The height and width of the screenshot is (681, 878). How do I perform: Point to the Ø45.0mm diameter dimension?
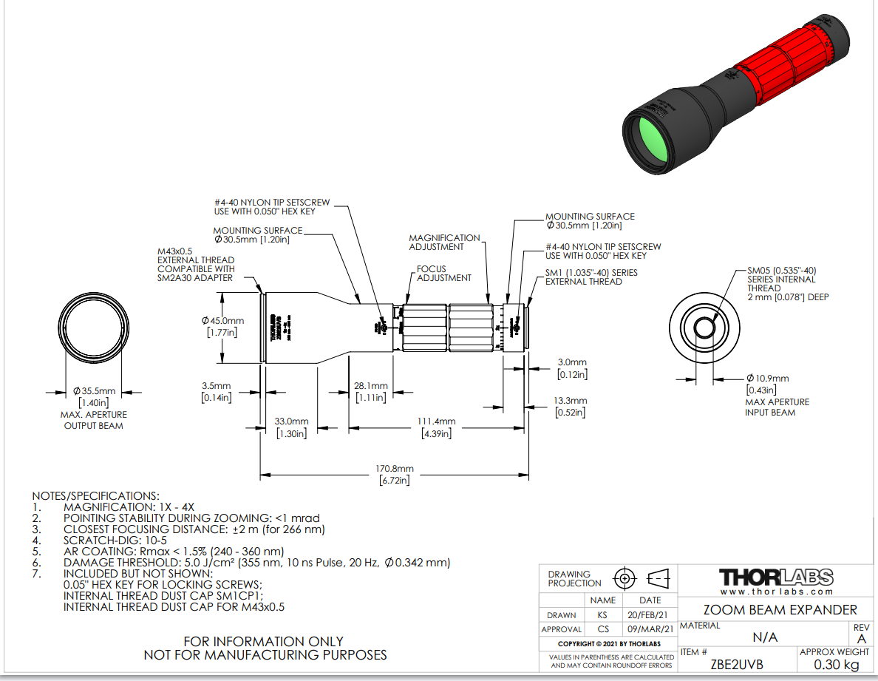[x=222, y=321]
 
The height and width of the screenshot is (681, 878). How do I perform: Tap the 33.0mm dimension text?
[x=290, y=421]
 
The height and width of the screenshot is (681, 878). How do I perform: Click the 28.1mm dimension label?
[x=370, y=386]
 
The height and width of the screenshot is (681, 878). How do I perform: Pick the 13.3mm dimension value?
[x=571, y=401]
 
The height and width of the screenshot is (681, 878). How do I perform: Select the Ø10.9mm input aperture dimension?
[x=768, y=379]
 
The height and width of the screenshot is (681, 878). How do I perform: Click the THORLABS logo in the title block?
[x=776, y=577]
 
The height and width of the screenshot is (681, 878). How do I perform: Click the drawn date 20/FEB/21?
[x=650, y=614]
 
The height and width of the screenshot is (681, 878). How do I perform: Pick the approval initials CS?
[x=603, y=629]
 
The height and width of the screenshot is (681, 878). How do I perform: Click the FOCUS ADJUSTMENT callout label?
[x=443, y=274]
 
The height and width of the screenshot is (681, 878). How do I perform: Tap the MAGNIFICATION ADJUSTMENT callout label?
[x=444, y=243]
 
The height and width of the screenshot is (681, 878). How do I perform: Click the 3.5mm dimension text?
[x=217, y=386]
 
